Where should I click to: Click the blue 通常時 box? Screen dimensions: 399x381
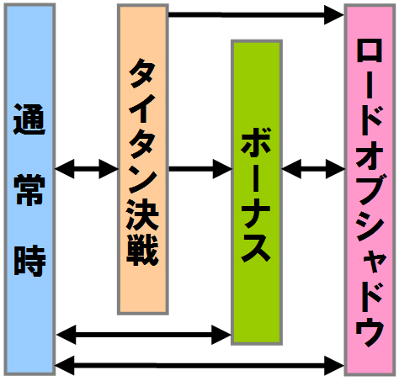[x=29, y=189]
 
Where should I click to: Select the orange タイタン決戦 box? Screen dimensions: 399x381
[x=143, y=159]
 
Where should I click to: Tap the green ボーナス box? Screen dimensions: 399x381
[x=257, y=193]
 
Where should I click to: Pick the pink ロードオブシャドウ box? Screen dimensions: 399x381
[x=370, y=190]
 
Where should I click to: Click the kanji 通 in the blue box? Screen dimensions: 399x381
[x=29, y=119]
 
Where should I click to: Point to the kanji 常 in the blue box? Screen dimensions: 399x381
[x=29, y=190]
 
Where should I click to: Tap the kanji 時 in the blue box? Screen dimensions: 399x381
[x=29, y=261]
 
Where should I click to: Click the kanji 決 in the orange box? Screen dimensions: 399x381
[x=143, y=215]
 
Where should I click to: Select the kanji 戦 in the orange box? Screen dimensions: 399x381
[x=143, y=250]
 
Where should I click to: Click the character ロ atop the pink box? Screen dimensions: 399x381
[x=370, y=52]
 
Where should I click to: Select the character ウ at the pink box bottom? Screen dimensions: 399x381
[x=370, y=332]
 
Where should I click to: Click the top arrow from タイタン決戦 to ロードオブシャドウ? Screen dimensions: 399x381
[x=256, y=14]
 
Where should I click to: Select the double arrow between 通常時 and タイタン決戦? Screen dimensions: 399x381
[x=87, y=169]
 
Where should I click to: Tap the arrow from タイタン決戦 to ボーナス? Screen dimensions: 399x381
[x=200, y=169]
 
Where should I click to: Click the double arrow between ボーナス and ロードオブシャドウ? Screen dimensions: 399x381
[x=313, y=169]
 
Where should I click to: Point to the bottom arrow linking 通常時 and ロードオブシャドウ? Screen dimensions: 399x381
[x=199, y=366]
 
